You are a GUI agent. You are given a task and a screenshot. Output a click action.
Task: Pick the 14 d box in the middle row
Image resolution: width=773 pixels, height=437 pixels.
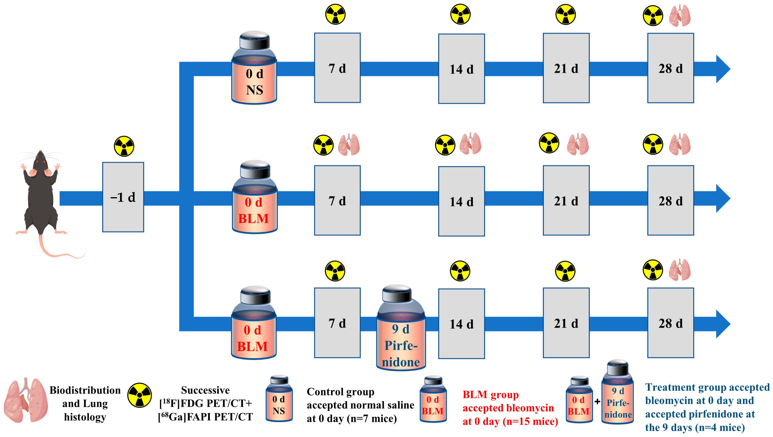461,201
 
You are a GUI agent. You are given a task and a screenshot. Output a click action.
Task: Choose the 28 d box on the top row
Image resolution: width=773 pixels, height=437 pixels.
670,68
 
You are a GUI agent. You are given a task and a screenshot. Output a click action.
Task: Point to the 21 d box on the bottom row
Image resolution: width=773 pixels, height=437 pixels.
566,323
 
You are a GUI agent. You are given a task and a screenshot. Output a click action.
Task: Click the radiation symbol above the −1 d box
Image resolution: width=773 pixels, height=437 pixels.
124,146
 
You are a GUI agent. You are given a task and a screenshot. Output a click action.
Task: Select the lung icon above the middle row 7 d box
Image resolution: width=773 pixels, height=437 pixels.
349,145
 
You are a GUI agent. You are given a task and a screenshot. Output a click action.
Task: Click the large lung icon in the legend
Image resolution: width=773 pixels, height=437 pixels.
26,400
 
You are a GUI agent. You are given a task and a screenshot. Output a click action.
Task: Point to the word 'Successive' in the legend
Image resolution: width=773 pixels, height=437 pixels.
205,390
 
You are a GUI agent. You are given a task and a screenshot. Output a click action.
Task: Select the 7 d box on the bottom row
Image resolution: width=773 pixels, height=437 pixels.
337,323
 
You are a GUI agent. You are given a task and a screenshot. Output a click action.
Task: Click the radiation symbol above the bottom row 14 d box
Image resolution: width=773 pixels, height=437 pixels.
460,271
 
